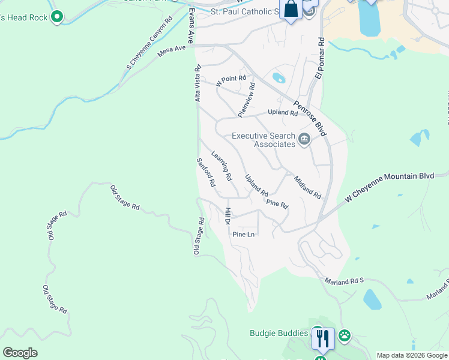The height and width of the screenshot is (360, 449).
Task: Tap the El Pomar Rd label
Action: pos(321,59)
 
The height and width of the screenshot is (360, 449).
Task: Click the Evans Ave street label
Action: pos(191,26)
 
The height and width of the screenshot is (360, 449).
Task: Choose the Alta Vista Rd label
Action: pos(197,84)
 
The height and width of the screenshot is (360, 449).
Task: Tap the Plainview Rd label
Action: pos(247,99)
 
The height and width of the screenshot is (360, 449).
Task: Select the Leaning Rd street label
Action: pos(221,166)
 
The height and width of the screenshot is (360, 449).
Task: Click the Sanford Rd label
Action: pos(206,173)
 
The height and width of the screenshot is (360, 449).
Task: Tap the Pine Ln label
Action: pos(244,234)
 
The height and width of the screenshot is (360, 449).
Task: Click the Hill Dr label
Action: pos(228,216)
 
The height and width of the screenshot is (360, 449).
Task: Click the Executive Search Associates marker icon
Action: pos(304,140)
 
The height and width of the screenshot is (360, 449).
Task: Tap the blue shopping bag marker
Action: pos(291,10)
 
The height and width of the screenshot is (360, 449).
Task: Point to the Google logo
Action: pos(20,353)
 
